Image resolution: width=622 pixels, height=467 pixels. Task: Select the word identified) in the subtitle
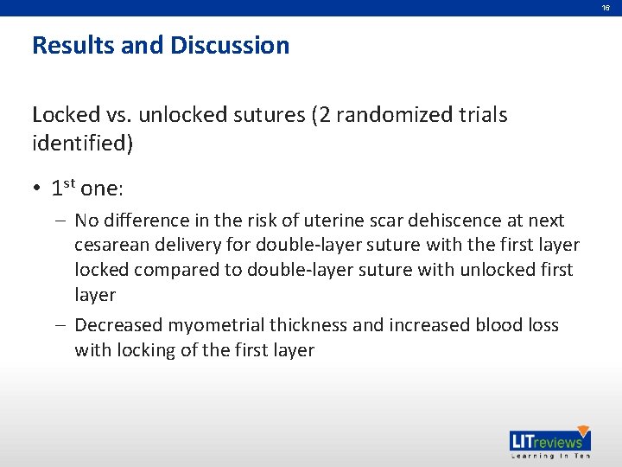83,144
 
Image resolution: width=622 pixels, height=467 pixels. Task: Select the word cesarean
111,246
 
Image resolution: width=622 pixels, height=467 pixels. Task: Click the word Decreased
118,325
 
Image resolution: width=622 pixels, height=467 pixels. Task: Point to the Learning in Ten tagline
549,456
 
